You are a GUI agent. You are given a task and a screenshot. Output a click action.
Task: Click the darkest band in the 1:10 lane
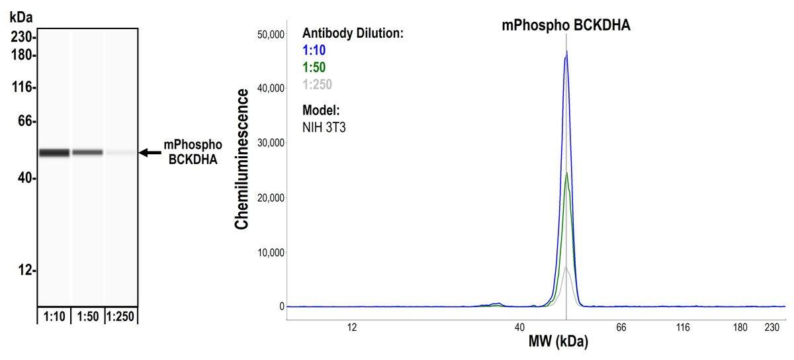(54, 153)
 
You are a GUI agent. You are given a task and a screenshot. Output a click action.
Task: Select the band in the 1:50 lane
(87, 152)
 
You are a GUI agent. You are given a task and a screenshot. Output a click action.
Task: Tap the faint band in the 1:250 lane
(120, 153)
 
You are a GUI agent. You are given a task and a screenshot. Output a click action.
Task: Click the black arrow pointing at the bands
(150, 153)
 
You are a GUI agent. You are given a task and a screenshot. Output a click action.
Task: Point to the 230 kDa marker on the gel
(23, 38)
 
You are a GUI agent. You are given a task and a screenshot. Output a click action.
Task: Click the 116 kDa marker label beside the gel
(23, 87)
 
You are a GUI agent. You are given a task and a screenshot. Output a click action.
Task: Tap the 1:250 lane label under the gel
(120, 317)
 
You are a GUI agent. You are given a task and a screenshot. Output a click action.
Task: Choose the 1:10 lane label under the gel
(54, 317)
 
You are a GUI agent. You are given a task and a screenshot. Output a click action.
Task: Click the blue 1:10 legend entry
(314, 50)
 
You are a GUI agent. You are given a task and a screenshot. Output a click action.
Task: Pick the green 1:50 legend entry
(314, 67)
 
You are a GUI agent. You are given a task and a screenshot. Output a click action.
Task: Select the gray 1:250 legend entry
(317, 84)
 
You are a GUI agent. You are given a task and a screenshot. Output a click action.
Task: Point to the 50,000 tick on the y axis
(270, 34)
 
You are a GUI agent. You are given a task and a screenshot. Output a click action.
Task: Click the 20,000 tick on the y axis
(270, 198)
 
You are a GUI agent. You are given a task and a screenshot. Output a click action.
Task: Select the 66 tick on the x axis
(621, 327)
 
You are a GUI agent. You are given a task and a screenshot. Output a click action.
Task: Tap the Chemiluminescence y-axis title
(242, 159)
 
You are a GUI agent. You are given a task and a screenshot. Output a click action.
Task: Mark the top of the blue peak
(566, 51)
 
